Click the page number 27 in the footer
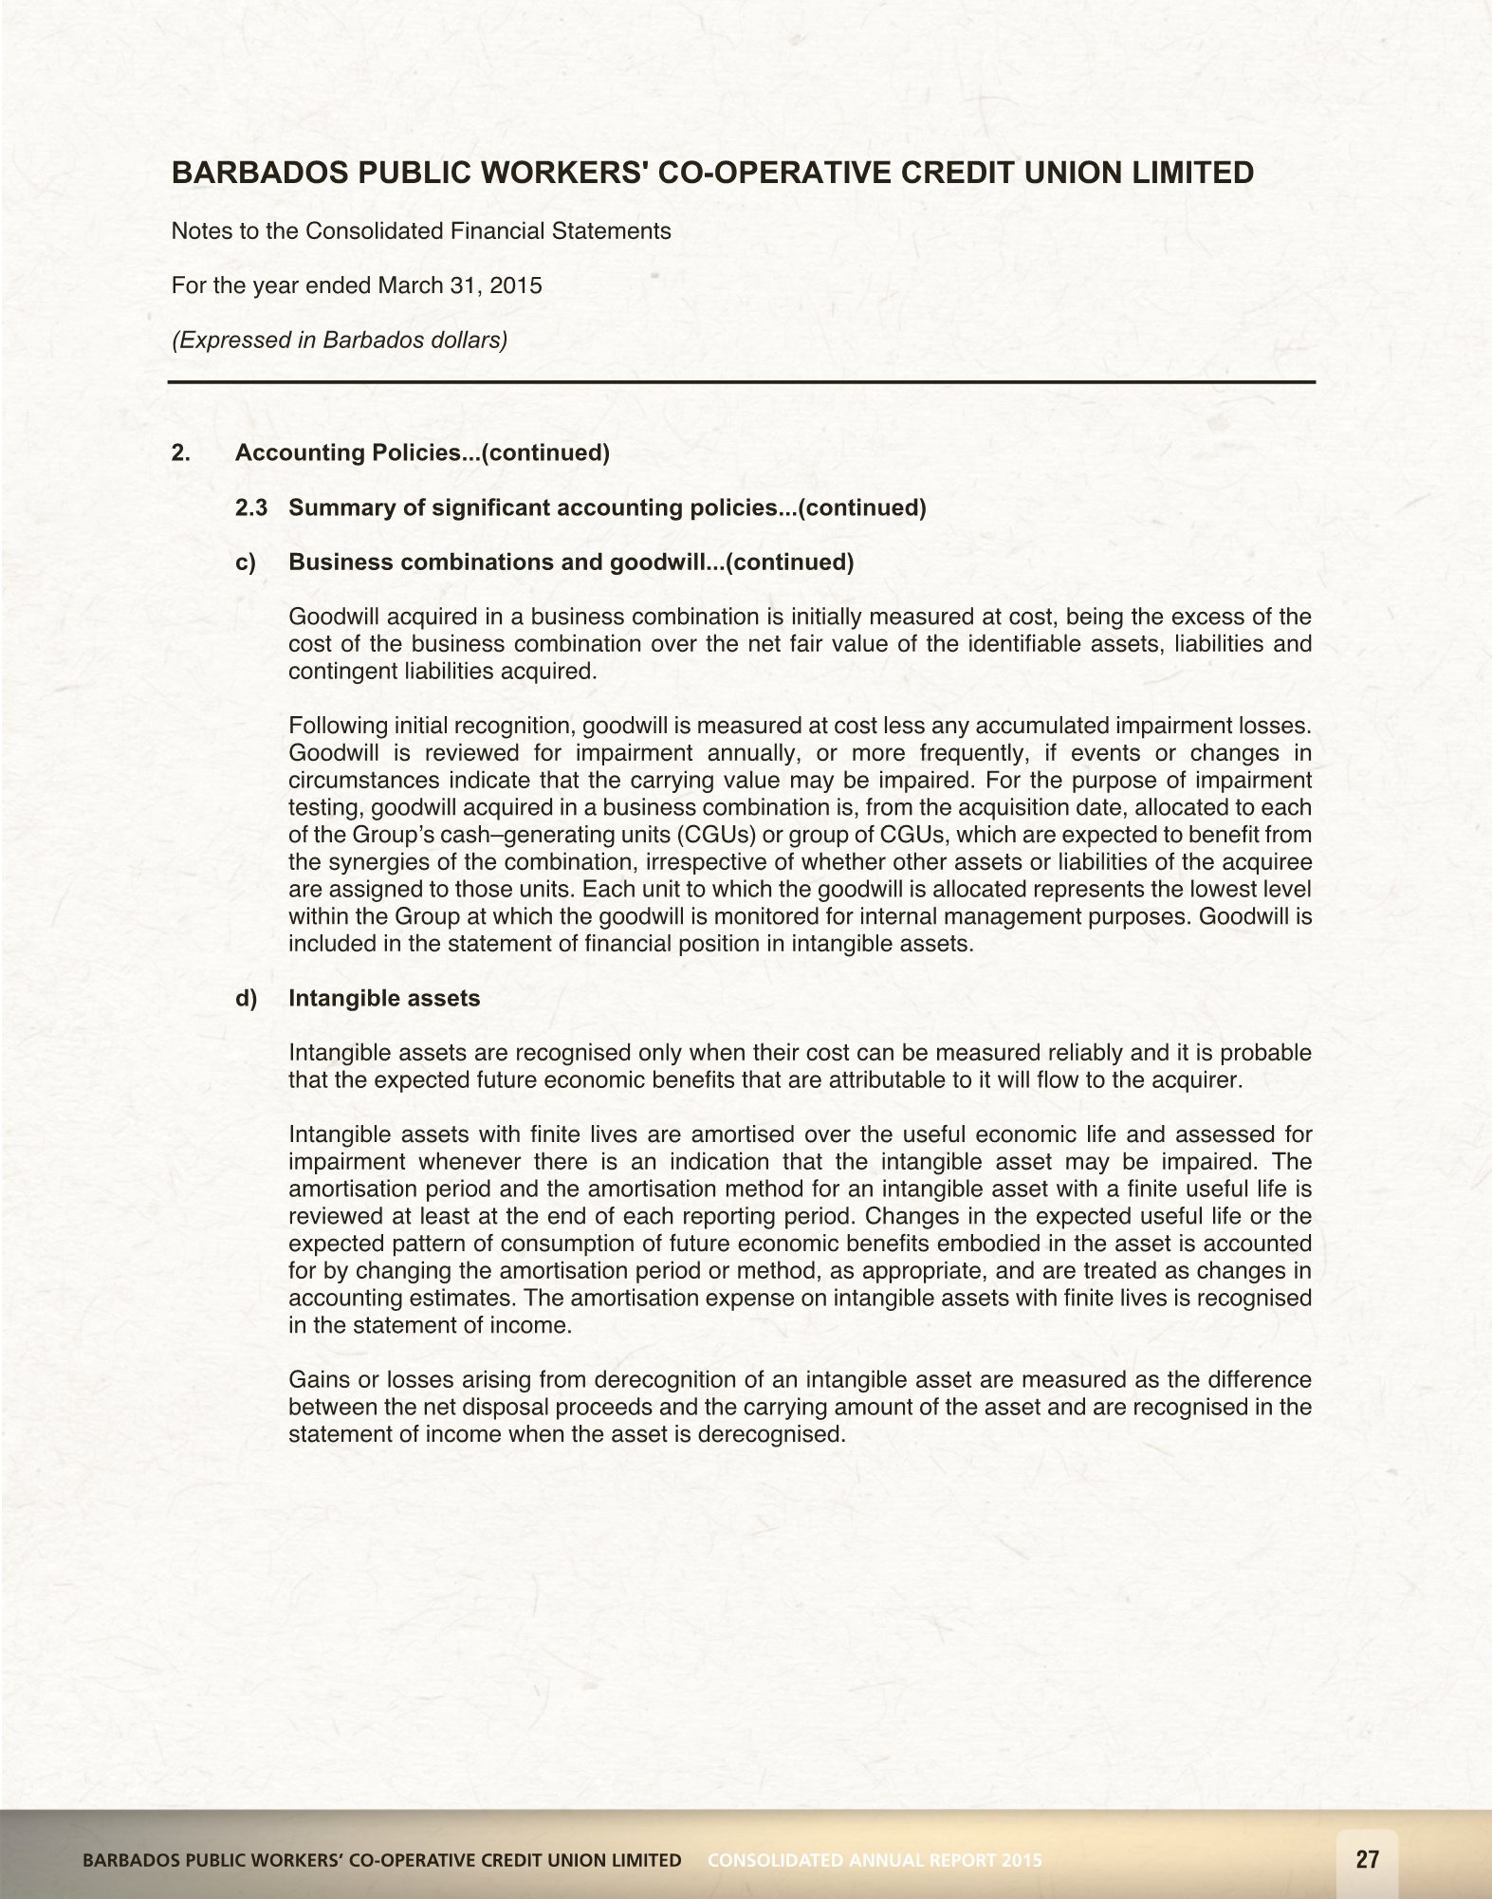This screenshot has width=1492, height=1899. click(1367, 1859)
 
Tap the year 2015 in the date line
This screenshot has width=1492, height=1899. click(516, 286)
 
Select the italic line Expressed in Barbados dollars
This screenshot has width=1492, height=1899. click(340, 340)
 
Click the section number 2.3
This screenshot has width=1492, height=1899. click(251, 507)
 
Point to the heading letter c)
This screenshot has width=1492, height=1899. click(246, 562)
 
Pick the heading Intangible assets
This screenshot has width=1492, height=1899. click(384, 999)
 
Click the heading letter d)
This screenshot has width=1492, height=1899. click(246, 999)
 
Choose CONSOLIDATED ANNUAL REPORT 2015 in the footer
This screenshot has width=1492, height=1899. click(875, 1860)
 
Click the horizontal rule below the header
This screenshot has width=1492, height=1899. click(742, 382)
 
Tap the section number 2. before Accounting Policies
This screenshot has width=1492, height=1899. click(180, 453)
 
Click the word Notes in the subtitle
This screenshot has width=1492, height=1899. click(201, 231)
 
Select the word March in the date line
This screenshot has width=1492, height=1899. click(409, 286)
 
